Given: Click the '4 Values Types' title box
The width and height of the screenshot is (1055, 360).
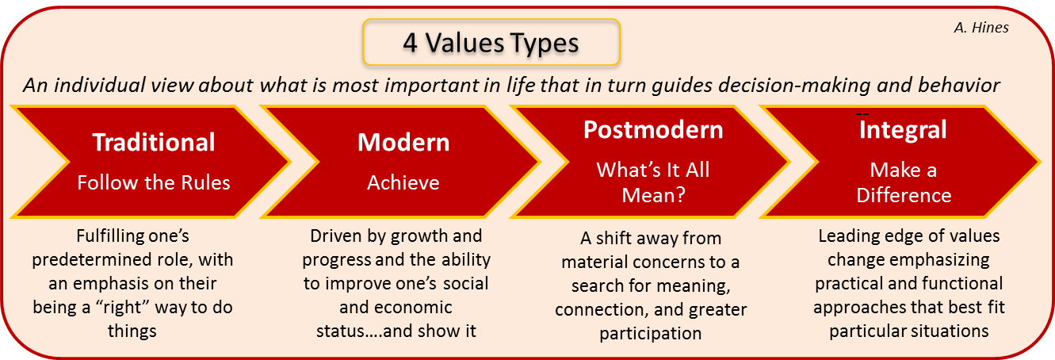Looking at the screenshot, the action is [491, 42].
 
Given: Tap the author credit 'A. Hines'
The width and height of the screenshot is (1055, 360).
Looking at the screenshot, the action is [981, 28].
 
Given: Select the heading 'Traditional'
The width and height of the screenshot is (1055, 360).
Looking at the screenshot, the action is [154, 142].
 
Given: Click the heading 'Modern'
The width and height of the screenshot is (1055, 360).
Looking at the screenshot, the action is [403, 142].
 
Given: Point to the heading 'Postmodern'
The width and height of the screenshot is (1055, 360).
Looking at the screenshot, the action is [653, 129].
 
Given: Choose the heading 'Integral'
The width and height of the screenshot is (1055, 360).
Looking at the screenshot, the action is [903, 129].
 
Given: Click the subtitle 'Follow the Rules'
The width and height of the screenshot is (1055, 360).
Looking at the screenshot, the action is [154, 183].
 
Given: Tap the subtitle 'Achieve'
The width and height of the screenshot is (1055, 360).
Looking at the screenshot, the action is [403, 183].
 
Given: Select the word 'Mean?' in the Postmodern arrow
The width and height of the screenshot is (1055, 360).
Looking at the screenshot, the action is [653, 196].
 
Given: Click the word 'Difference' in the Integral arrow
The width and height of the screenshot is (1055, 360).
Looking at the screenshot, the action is [904, 196].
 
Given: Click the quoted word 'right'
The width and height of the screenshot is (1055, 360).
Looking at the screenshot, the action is [122, 308].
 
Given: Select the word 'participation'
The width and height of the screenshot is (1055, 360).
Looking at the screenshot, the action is [651, 334].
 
